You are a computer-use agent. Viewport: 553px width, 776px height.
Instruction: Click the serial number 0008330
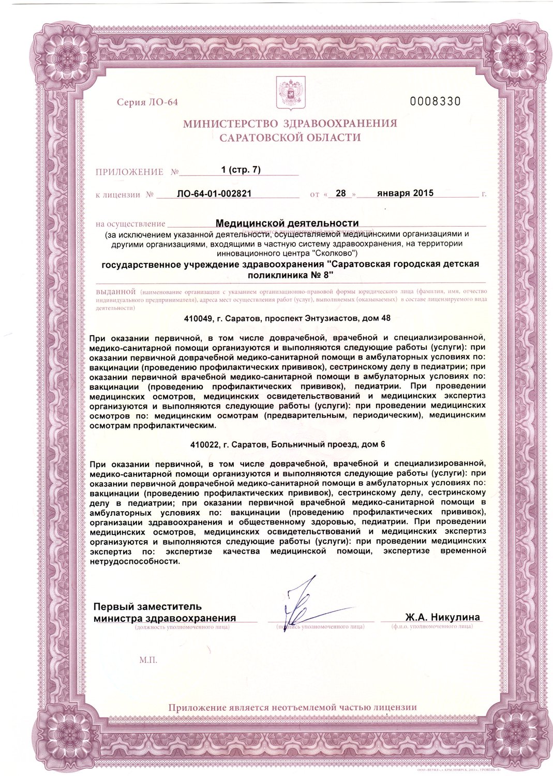pyautogui.click(x=435, y=101)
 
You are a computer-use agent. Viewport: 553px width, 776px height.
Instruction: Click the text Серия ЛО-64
pyautogui.click(x=147, y=102)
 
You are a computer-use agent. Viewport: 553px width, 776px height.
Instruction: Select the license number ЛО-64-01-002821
pyautogui.click(x=214, y=194)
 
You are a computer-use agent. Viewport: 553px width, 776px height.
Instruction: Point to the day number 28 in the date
pyautogui.click(x=340, y=193)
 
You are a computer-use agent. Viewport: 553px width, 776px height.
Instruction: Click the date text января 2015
pyautogui.click(x=405, y=193)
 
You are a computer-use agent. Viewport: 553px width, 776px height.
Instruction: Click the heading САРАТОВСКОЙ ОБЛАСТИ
pyautogui.click(x=290, y=138)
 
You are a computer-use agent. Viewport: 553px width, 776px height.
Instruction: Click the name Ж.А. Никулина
pyautogui.click(x=442, y=617)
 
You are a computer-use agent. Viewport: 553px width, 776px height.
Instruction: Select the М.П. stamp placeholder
pyautogui.click(x=148, y=660)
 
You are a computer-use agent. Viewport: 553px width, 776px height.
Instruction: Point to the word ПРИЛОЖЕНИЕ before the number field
pyautogui.click(x=129, y=172)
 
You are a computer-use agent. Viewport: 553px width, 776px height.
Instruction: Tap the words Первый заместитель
pyautogui.click(x=147, y=606)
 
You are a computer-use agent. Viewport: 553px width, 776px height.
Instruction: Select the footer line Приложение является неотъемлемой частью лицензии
pyautogui.click(x=292, y=707)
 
